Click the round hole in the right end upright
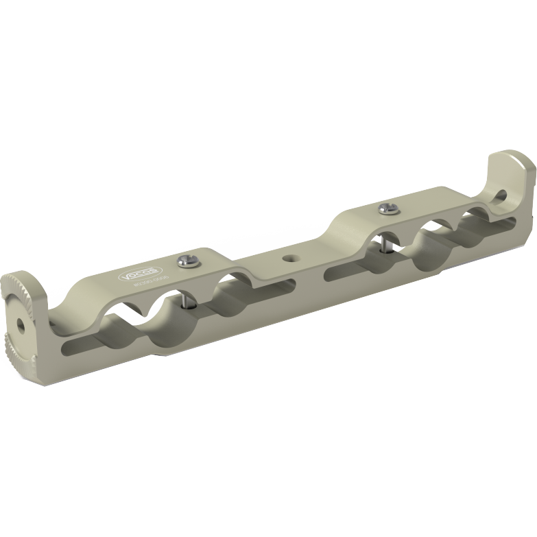[511, 193]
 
